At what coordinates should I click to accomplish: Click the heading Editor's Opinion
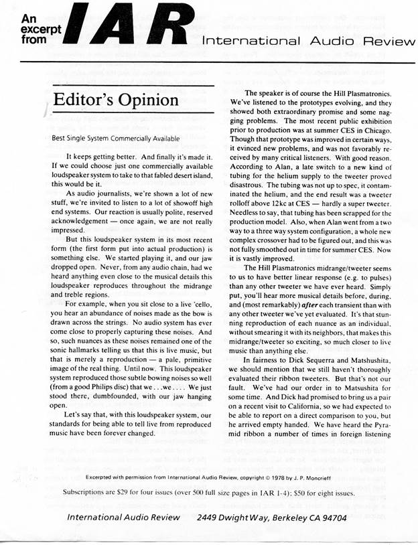pos(116,100)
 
